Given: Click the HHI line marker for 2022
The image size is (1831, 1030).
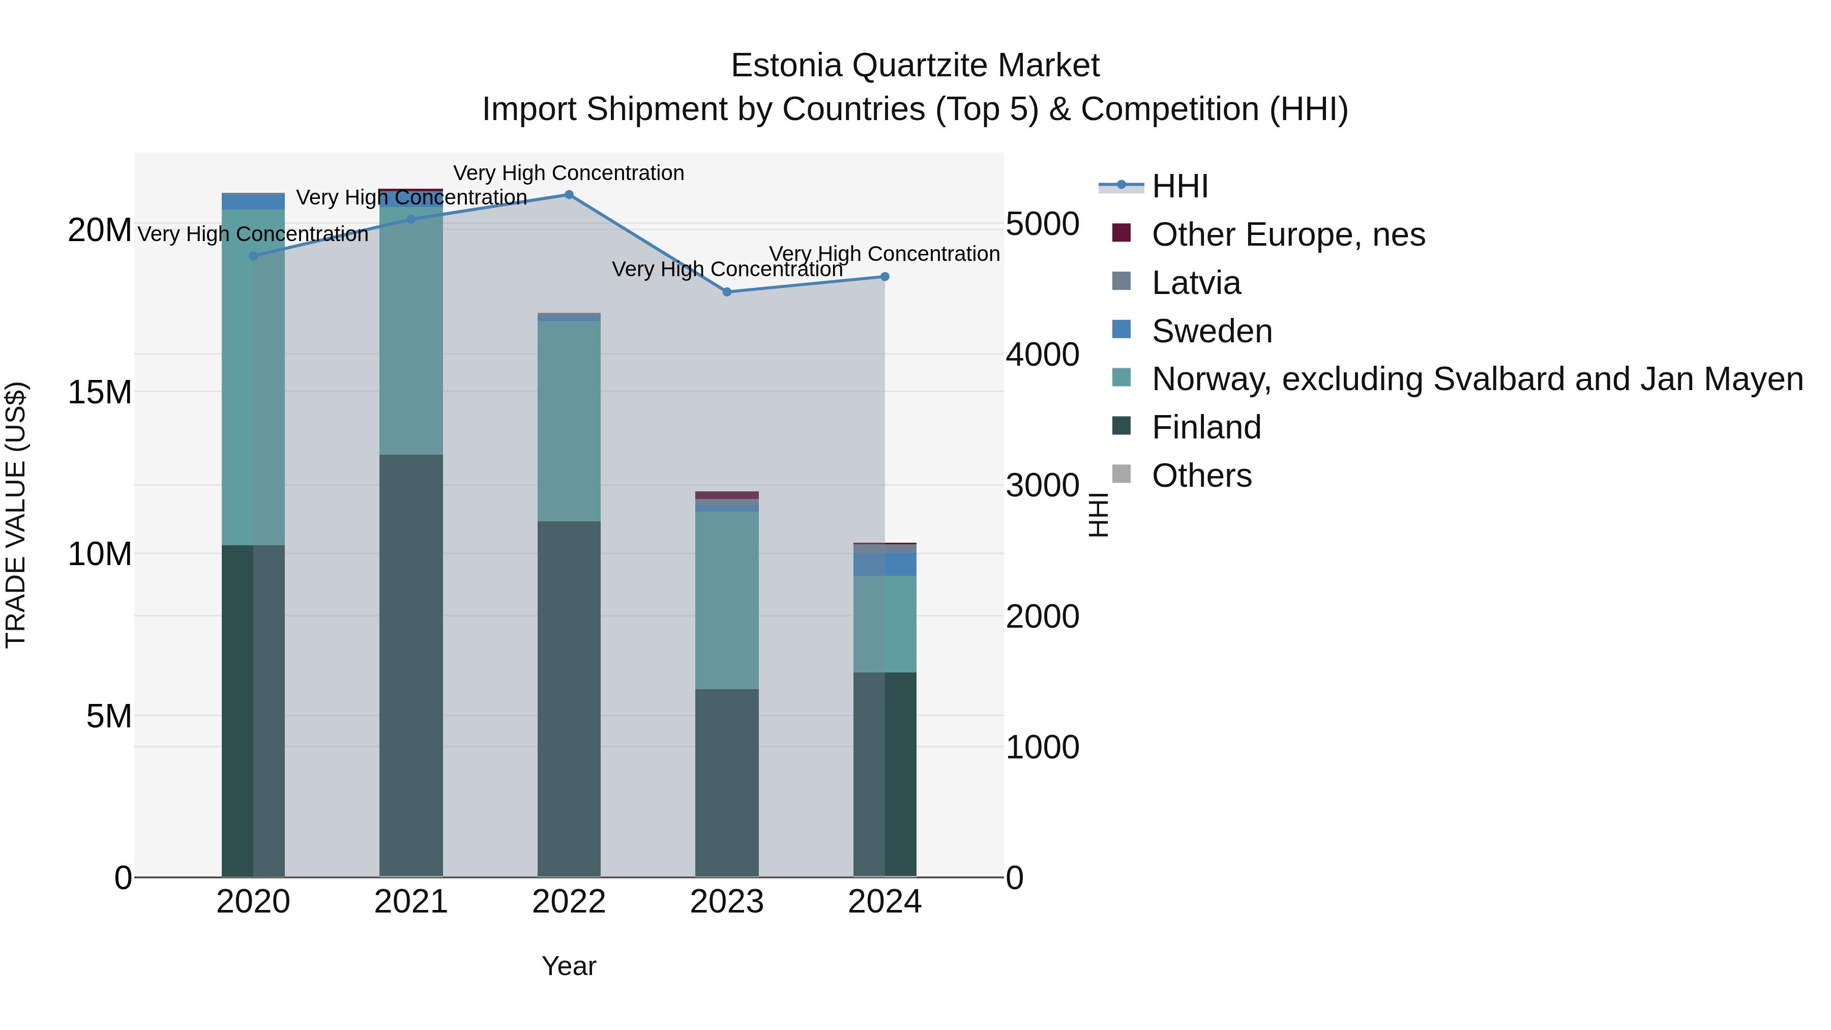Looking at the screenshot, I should click(569, 194).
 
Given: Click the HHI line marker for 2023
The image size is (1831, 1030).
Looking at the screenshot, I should click(726, 291).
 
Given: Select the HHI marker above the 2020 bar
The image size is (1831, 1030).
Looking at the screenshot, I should click(253, 256).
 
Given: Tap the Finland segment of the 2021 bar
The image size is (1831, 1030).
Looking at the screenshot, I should click(411, 665).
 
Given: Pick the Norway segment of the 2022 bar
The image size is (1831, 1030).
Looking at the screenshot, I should click(569, 421).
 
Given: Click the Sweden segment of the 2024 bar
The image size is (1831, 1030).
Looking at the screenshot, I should click(885, 565).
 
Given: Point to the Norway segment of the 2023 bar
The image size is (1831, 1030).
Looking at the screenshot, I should click(726, 600).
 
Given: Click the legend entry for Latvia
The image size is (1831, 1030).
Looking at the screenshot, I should click(1196, 283).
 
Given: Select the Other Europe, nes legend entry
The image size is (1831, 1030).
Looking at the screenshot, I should click(1288, 234).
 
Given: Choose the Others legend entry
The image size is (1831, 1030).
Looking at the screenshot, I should click(1201, 476).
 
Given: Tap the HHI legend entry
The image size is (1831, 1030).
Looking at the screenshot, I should click(1180, 186).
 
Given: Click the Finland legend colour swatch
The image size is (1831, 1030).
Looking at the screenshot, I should click(1121, 427).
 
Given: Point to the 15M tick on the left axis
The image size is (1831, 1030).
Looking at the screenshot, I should click(100, 392).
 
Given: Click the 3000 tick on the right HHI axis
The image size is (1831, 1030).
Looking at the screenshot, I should click(1042, 486).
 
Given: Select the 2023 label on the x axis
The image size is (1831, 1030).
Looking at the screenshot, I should click(726, 902).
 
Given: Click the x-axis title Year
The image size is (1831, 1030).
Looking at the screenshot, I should click(569, 966).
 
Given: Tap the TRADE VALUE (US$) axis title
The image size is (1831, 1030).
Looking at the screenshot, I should click(16, 515).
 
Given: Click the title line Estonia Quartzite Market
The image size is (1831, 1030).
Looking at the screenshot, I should click(915, 66).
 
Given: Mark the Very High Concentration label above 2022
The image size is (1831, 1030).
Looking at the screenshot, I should click(569, 173).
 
